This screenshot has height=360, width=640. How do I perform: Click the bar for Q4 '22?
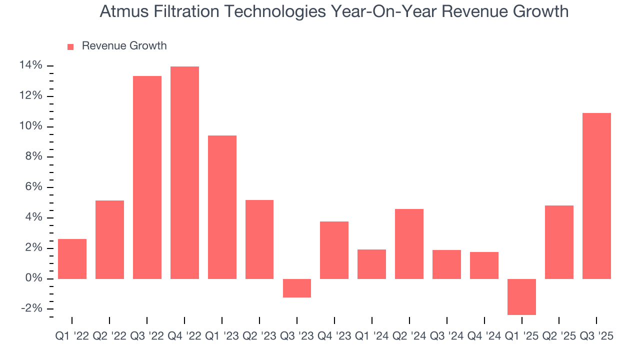point(184,172)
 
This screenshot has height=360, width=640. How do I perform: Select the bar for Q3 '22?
point(147,177)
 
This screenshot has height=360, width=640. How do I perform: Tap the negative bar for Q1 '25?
point(521,296)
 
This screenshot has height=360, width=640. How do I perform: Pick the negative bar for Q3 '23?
point(297,288)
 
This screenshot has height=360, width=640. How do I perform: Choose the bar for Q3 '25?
point(596,196)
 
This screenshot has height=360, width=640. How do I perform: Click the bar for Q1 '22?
point(72,259)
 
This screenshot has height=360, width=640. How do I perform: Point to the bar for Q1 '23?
point(222,207)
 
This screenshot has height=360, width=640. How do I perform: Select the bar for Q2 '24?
point(409,244)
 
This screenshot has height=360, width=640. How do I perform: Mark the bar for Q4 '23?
point(334,250)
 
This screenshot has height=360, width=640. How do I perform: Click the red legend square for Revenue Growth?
point(70,46)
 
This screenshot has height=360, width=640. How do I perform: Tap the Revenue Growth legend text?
point(124,46)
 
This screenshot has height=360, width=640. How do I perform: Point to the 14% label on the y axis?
point(30,65)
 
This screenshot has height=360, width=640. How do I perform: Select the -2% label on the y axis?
point(31,308)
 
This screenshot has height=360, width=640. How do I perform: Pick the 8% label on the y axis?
point(33,157)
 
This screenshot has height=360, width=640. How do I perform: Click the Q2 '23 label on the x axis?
point(259,336)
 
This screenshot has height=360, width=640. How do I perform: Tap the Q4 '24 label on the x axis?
point(484,336)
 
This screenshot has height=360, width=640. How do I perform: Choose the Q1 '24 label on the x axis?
point(371,336)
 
